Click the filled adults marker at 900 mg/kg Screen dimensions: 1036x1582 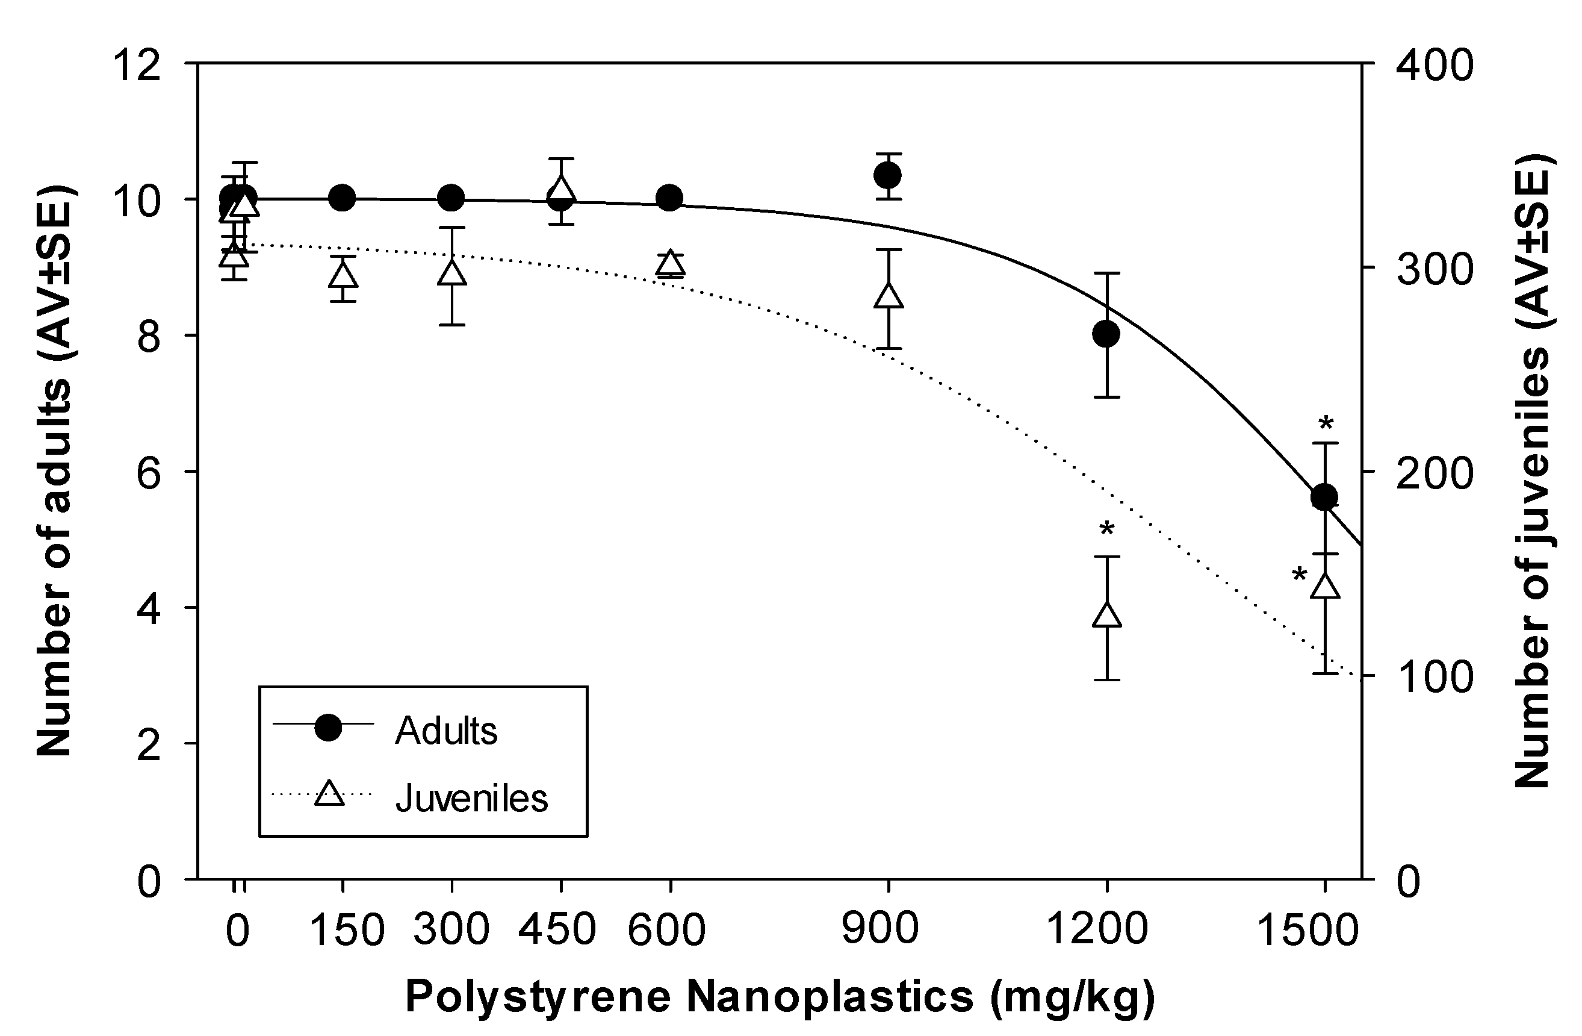tap(887, 175)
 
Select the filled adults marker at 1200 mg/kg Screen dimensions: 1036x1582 tap(1106, 334)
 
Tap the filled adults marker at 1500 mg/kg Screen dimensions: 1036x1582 tap(1324, 497)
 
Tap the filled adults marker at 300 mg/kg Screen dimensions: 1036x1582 tap(451, 198)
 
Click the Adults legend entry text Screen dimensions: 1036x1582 tap(446, 731)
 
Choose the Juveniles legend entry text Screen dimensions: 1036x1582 tap(471, 799)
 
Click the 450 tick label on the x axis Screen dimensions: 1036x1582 tap(557, 929)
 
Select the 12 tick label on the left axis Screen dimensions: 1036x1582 tap(139, 66)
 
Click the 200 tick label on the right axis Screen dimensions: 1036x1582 tap(1435, 473)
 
